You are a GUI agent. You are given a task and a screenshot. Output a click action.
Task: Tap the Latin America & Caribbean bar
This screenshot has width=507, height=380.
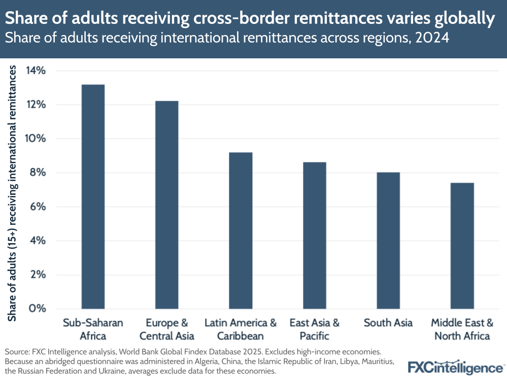coord(241,230)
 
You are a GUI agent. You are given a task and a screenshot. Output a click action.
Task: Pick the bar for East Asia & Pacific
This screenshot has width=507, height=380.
coord(314,235)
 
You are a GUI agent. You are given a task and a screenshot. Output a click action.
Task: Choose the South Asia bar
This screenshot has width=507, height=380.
coord(388,240)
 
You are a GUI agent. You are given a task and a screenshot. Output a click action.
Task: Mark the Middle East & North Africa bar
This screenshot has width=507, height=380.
coord(462,246)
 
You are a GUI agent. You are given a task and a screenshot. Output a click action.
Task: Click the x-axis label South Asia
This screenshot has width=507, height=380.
coord(388,323)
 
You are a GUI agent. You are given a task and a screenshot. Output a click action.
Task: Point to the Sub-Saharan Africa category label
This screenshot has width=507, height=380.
coord(93,329)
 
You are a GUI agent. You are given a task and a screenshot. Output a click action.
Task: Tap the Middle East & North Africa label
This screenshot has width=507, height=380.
coord(462,329)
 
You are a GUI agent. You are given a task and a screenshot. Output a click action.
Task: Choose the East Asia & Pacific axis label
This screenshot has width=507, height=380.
coord(314,329)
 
